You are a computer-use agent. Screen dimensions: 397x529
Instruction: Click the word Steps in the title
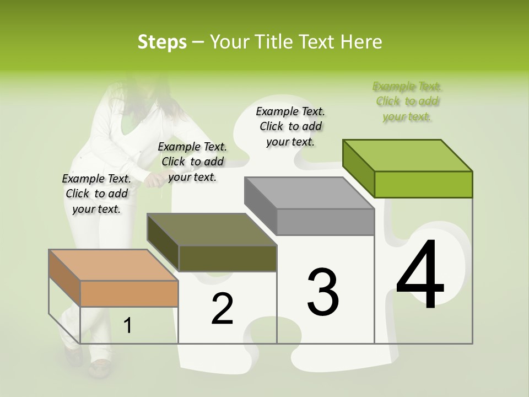click(x=161, y=42)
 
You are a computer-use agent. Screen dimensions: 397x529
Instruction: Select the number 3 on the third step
click(x=323, y=292)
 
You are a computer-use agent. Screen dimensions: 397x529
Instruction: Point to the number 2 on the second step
click(x=222, y=309)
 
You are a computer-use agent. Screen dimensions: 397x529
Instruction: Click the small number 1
click(x=128, y=325)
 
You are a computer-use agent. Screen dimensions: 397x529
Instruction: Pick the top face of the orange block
click(x=114, y=265)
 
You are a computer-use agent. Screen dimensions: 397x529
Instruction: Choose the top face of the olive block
click(x=212, y=229)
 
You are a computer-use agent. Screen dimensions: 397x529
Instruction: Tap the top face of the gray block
click(x=309, y=193)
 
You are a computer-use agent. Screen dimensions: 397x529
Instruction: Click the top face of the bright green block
click(x=408, y=155)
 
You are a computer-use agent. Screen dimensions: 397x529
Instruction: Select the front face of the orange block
click(x=129, y=293)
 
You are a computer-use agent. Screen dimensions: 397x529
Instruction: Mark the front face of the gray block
click(x=325, y=222)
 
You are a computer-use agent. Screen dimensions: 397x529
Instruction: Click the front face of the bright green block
click(x=423, y=184)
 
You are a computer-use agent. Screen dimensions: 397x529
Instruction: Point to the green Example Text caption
click(x=407, y=101)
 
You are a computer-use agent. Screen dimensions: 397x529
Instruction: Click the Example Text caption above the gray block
click(x=291, y=126)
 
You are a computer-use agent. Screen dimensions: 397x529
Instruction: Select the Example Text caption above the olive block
click(x=192, y=162)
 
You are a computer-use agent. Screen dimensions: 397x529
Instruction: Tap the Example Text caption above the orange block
click(x=96, y=194)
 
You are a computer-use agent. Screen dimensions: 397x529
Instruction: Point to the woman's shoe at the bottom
click(x=99, y=367)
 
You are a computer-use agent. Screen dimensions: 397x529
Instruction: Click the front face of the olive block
click(x=228, y=258)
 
